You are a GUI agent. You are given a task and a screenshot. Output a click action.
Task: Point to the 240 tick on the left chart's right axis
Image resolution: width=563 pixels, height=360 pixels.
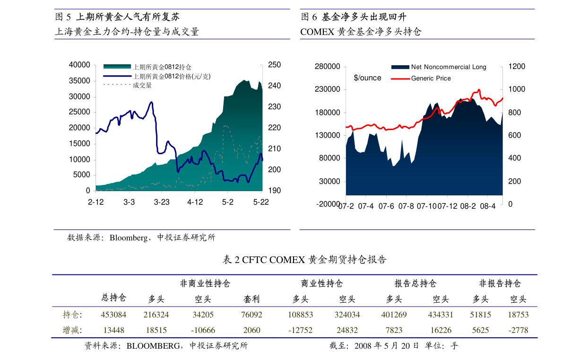tap(274, 86)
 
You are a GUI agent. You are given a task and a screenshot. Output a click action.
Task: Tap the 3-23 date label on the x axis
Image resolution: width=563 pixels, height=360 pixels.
tap(162, 202)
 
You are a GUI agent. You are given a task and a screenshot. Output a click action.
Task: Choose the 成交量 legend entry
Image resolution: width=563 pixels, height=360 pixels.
tap(142, 85)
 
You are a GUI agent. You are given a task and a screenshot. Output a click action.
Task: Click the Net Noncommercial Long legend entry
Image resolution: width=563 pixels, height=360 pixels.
tap(449, 67)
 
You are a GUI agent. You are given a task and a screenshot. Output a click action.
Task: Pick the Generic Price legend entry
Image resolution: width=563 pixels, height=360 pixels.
tap(431, 79)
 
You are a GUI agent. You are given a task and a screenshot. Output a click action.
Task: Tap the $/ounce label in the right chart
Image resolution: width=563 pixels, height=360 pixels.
tap(367, 78)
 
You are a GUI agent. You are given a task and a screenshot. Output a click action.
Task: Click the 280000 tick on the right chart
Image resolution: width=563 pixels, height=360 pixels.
tap(328, 67)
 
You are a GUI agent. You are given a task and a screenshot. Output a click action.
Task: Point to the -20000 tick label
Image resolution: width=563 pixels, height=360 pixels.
tap(327, 204)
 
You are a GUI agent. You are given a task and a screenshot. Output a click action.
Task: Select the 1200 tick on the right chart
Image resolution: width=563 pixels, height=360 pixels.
tap(517, 67)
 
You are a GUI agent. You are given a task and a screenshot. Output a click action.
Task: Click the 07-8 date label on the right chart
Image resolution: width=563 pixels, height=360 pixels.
tap(406, 206)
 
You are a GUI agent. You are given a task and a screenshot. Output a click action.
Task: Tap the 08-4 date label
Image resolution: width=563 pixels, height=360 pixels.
tap(487, 206)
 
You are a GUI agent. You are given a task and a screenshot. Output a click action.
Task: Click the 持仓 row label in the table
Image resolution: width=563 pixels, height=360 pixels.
tap(71, 315)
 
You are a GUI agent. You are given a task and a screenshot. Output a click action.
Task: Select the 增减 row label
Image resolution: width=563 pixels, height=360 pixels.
tap(71, 330)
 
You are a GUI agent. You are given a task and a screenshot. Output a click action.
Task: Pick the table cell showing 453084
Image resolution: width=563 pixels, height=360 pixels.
tap(113, 315)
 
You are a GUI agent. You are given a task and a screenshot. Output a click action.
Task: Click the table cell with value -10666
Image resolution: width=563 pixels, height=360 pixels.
tap(203, 330)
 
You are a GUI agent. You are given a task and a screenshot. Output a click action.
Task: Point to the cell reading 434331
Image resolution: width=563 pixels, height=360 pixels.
tap(441, 315)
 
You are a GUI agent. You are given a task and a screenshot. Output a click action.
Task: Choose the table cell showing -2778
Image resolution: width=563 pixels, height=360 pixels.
tap(518, 330)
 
